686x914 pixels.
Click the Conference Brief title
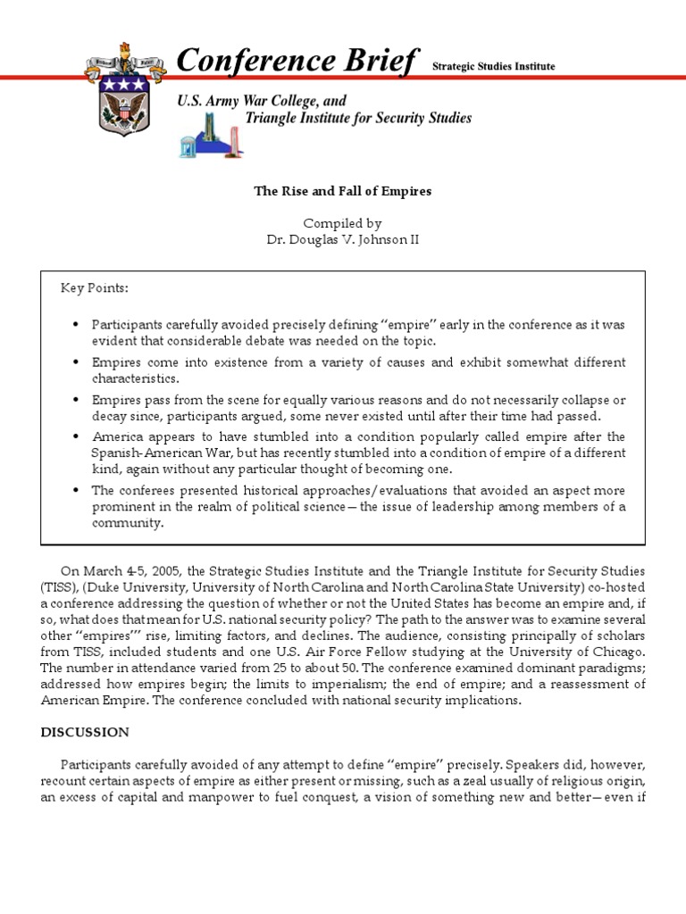click(x=297, y=61)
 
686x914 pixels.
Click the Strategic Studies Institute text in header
click(x=493, y=66)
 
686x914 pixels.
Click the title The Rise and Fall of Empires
click(x=343, y=191)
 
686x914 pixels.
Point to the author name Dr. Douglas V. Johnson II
click(x=343, y=239)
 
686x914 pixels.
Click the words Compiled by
click(x=343, y=223)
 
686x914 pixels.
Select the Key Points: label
click(x=94, y=287)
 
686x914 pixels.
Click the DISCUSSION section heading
click(x=85, y=732)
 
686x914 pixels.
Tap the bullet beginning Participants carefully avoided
click(x=77, y=324)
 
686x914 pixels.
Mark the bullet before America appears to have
click(x=77, y=436)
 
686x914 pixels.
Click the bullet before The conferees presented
click(x=77, y=491)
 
